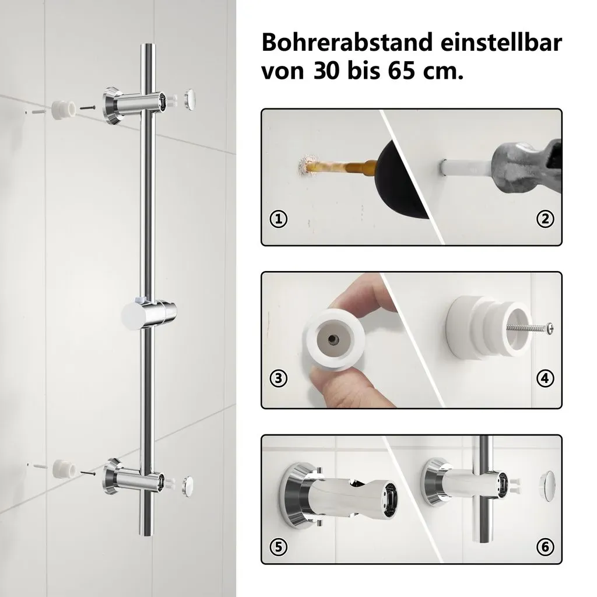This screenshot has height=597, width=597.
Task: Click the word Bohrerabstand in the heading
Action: tap(347, 42)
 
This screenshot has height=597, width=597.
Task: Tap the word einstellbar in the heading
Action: tap(501, 42)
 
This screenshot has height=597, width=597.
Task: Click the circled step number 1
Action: tap(278, 219)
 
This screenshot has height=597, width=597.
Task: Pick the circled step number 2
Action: tap(545, 219)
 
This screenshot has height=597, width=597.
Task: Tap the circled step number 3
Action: tap(278, 378)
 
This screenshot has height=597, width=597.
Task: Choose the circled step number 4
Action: tap(545, 378)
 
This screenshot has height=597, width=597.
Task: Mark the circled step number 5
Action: tap(278, 547)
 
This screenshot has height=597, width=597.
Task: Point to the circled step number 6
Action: tap(545, 547)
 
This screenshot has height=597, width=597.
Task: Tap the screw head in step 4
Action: tap(550, 328)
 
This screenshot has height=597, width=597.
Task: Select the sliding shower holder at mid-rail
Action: tap(149, 315)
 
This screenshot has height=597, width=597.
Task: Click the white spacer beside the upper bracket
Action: tap(62, 110)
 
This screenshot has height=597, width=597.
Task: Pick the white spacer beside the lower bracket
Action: tap(63, 469)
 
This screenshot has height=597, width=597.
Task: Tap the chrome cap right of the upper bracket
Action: tap(189, 99)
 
